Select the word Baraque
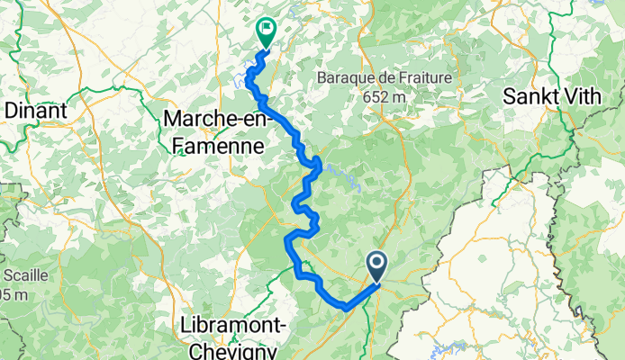point(346,78)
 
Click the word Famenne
point(214,143)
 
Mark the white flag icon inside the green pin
point(267,29)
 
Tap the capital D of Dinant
point(10,110)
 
